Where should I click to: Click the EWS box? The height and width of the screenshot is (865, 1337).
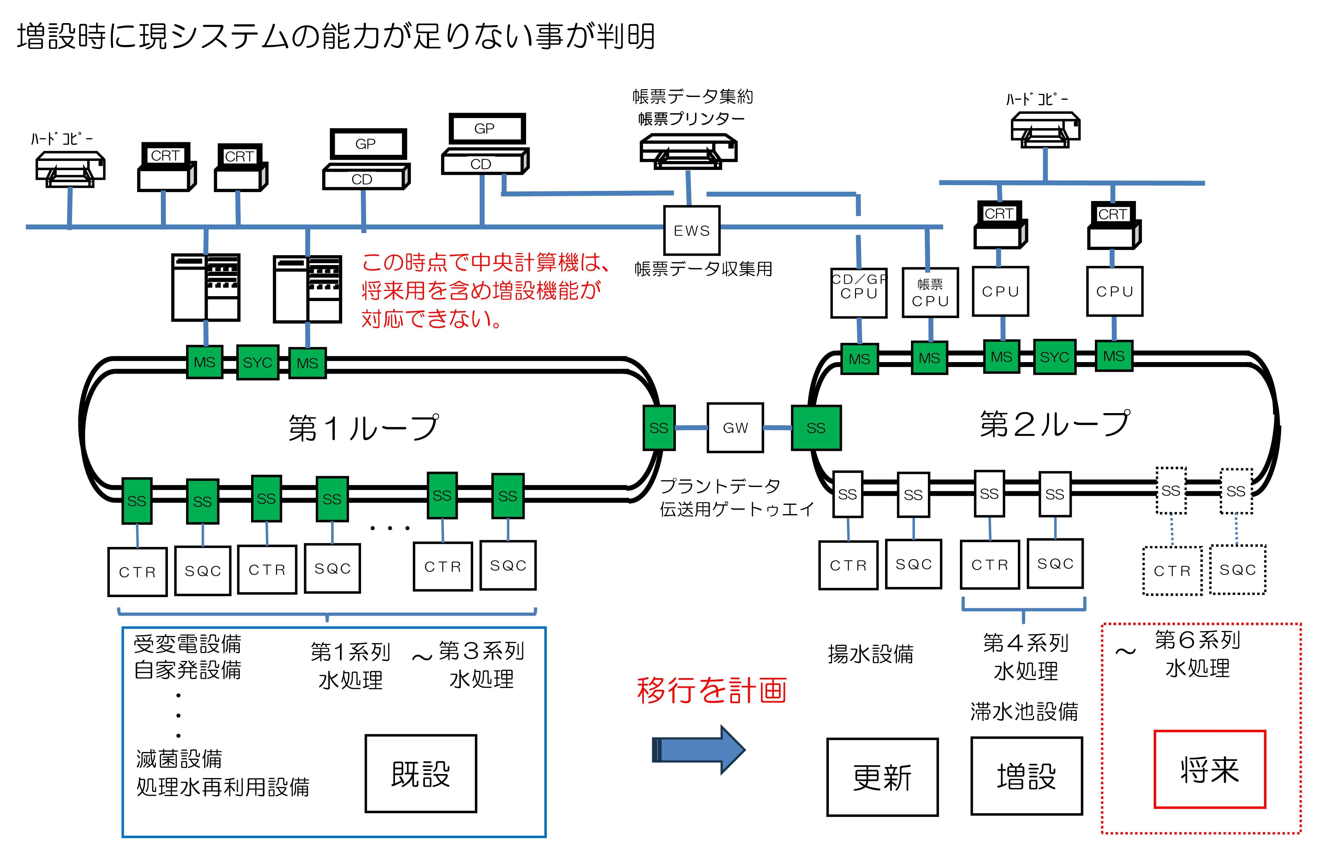pyautogui.click(x=692, y=230)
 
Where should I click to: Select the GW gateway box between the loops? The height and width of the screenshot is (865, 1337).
pyautogui.click(x=735, y=428)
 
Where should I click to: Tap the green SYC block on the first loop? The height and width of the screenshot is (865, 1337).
pyautogui.click(x=257, y=363)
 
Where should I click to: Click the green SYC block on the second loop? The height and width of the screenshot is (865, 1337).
pyautogui.click(x=1055, y=357)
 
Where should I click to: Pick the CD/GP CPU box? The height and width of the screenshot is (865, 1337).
pyautogui.click(x=858, y=292)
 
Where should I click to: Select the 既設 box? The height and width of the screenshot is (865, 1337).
pyautogui.click(x=421, y=774)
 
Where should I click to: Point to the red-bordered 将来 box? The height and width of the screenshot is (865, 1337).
pyautogui.click(x=1209, y=769)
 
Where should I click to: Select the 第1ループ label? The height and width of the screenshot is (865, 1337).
pyautogui.click(x=363, y=428)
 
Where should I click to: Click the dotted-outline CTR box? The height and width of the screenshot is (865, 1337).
pyautogui.click(x=1172, y=570)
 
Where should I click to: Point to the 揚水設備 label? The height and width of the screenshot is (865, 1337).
pyautogui.click(x=870, y=654)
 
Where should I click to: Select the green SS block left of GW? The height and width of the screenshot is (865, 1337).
pyautogui.click(x=658, y=428)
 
